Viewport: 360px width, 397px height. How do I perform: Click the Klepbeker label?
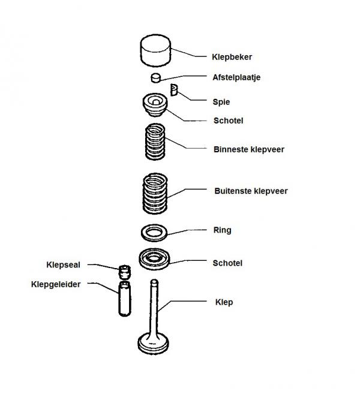pos(232,57)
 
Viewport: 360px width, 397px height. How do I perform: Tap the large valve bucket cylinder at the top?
pos(155,50)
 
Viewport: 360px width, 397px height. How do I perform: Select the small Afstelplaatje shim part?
pos(156,78)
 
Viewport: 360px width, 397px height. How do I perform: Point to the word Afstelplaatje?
pos(236,77)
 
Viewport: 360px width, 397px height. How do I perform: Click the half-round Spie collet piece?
pos(174,90)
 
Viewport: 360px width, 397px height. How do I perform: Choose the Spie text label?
pos(221,102)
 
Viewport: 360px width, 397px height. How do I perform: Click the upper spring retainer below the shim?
pos(155,104)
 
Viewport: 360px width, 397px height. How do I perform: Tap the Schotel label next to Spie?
pos(228,121)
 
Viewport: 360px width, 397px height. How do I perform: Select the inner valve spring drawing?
pos(155,142)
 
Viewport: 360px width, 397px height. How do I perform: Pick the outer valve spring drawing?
pos(155,194)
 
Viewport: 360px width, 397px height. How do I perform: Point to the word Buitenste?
pos(232,191)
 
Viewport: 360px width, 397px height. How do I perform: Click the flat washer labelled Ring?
pos(154,233)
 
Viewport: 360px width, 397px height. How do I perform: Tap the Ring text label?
pos(222,230)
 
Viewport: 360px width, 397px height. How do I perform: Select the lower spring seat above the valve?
pos(154,258)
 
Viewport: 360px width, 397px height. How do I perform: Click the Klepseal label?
pos(63,265)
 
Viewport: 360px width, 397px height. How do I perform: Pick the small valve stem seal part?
pos(125,272)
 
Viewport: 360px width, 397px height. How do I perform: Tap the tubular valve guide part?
pos(125,299)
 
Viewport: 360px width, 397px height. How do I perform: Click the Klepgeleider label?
pos(56,284)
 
